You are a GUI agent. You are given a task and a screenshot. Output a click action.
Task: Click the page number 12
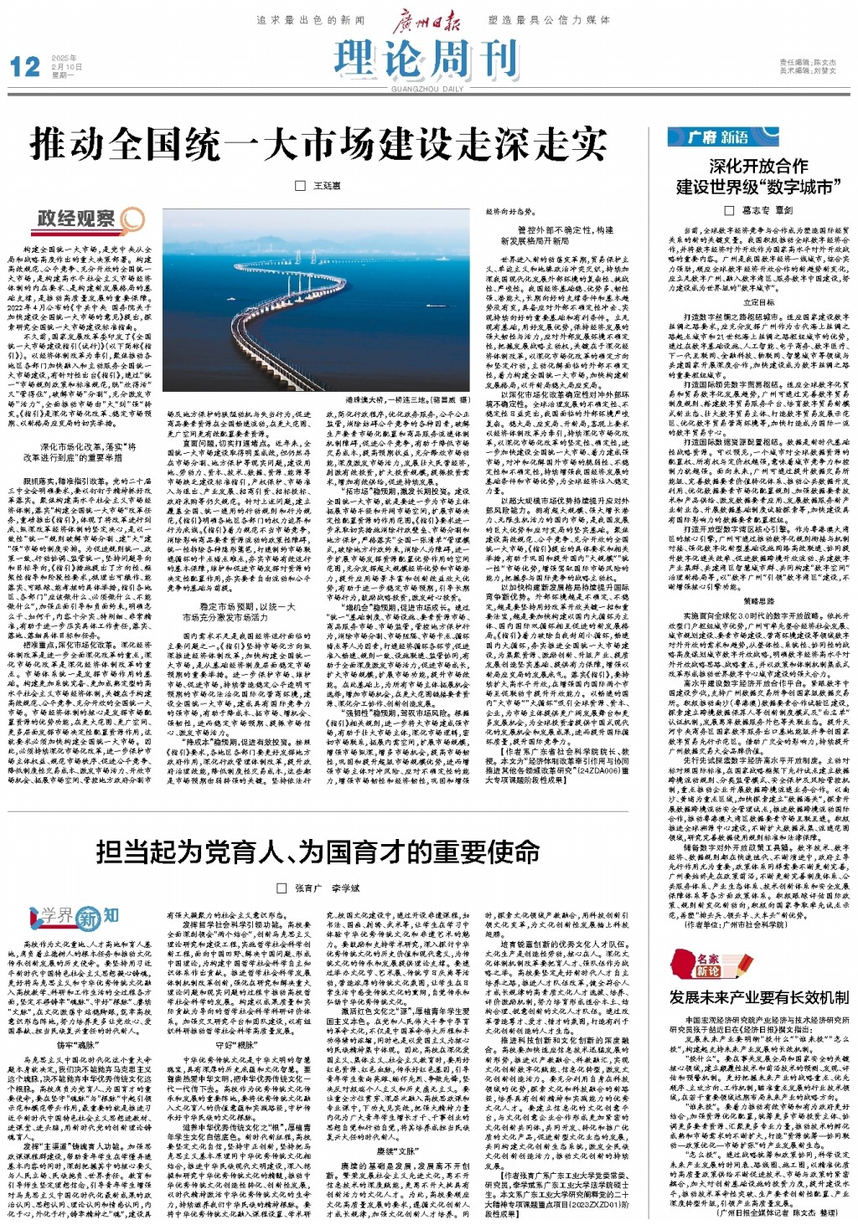[24, 66]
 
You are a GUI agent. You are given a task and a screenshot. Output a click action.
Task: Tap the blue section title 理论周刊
[426, 59]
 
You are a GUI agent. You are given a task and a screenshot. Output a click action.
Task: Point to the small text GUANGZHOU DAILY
[426, 89]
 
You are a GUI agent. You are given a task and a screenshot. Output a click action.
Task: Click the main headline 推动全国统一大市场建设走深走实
[318, 144]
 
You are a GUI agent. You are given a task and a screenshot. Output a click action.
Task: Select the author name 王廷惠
[327, 185]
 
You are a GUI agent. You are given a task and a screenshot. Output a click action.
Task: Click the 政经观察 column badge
[89, 219]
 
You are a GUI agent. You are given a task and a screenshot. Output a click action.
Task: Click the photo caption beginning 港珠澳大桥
[403, 400]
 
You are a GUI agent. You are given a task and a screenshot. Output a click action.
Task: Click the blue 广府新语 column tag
[721, 136]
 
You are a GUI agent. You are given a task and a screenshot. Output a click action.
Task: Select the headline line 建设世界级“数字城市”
[758, 187]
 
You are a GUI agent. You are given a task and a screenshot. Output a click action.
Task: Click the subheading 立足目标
[758, 302]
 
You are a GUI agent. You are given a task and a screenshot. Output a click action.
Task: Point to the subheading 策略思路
[758, 600]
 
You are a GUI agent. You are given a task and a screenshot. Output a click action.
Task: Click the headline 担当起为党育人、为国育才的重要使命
[318, 852]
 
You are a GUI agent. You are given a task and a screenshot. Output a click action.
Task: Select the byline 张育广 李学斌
[327, 888]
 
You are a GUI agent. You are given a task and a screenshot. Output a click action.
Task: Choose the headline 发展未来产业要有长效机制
[758, 997]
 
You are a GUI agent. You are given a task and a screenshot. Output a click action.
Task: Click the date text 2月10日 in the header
[67, 66]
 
